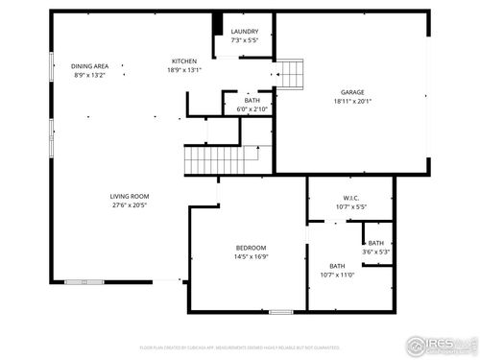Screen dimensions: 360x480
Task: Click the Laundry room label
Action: pos(244,32)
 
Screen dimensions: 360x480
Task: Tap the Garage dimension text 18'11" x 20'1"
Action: pos(351,101)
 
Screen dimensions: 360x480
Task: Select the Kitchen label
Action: pos(184,60)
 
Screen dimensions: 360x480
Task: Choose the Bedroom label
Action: pos(249,247)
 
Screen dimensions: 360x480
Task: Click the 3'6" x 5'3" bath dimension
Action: pos(375,252)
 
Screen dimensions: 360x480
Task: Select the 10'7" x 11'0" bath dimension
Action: pos(337,275)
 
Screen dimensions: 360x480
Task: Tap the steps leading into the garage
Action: pos(291,73)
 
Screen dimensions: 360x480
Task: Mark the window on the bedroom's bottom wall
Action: pos(280,311)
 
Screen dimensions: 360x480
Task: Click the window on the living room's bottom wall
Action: pos(79,281)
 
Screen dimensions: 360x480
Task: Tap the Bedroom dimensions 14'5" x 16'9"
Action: pos(249,256)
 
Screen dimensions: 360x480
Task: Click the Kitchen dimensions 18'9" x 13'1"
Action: pos(184,69)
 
